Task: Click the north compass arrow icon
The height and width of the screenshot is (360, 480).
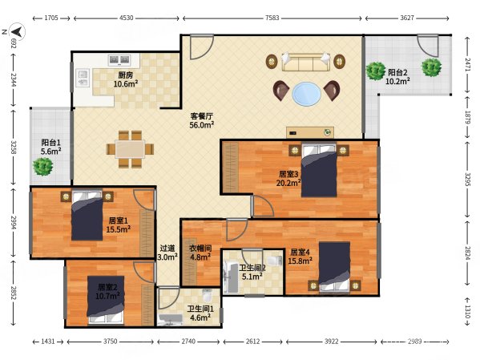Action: pyautogui.click(x=17, y=31)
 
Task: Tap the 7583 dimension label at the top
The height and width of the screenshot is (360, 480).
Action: pyautogui.click(x=272, y=18)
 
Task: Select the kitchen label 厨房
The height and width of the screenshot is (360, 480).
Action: pyautogui.click(x=126, y=75)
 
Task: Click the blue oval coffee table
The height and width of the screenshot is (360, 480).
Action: pyautogui.click(x=306, y=94)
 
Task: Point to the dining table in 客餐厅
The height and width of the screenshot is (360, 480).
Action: pyautogui.click(x=130, y=149)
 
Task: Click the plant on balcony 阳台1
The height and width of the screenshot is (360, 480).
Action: pyautogui.click(x=42, y=167)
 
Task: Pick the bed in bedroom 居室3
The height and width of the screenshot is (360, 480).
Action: pyautogui.click(x=319, y=170)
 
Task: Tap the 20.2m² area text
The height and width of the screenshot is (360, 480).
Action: pyautogui.click(x=288, y=183)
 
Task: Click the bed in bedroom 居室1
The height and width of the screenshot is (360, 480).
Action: pyautogui.click(x=87, y=216)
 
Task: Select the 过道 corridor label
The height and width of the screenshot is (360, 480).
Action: pyautogui.click(x=167, y=248)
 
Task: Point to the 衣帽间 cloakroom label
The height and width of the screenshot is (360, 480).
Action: pyautogui.click(x=200, y=248)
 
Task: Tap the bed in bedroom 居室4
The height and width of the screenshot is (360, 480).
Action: pyautogui.click(x=334, y=267)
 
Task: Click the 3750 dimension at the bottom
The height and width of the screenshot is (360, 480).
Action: pyautogui.click(x=110, y=342)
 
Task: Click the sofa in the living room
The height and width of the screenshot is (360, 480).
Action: pyautogui.click(x=306, y=63)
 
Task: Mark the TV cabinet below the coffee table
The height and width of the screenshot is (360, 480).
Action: pyautogui.click(x=310, y=132)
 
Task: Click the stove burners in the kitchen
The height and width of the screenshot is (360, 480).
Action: pyautogui.click(x=119, y=59)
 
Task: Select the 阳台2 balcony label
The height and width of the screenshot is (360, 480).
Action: pyautogui.click(x=397, y=73)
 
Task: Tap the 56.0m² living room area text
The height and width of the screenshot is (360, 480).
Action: pyautogui.click(x=201, y=125)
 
